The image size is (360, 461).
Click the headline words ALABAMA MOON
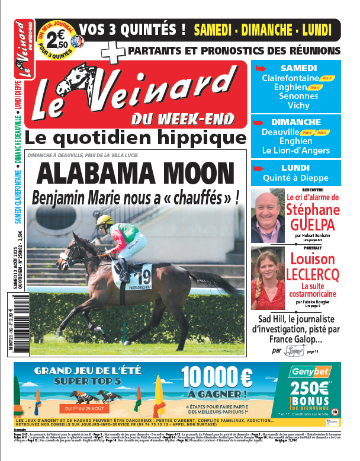[x=140, y=174]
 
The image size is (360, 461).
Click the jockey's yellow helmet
[x=104, y=220]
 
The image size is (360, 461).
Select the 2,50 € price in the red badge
[x=57, y=41]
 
